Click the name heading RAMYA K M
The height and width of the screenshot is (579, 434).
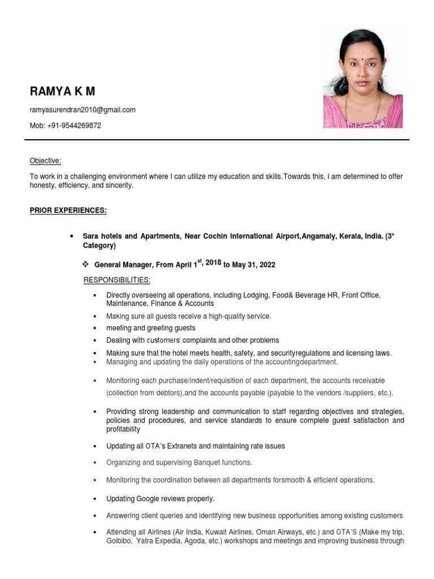click(x=63, y=91)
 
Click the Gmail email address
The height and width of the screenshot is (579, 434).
click(x=83, y=110)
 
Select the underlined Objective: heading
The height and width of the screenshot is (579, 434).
click(x=45, y=161)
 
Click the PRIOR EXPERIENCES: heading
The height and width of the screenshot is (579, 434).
click(x=68, y=210)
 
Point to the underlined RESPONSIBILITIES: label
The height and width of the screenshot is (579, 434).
click(x=117, y=280)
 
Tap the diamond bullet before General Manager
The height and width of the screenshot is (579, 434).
click(x=86, y=265)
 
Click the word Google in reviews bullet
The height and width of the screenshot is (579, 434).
click(x=151, y=499)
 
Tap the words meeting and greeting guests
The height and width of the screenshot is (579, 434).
click(x=151, y=328)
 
